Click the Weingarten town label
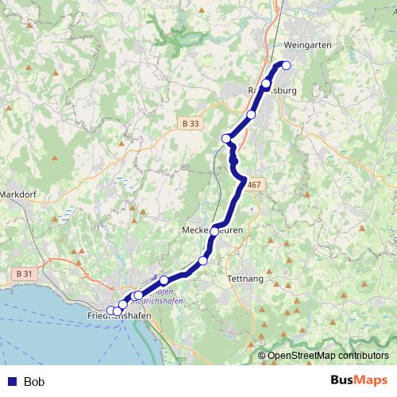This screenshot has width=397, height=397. click(308, 45)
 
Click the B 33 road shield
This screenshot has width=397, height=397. click(189, 124)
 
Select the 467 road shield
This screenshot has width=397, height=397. click(253, 185)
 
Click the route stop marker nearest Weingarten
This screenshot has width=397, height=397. click(286, 66)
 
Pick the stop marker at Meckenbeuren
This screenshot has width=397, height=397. click(214, 231)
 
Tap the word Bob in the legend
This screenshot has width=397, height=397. click(34, 382)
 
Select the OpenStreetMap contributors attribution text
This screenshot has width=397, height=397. click(328, 356)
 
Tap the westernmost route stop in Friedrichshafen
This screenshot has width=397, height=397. click(110, 310)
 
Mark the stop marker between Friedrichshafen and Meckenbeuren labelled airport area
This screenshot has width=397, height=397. click(164, 279)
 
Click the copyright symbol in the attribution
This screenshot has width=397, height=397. click(262, 356)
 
